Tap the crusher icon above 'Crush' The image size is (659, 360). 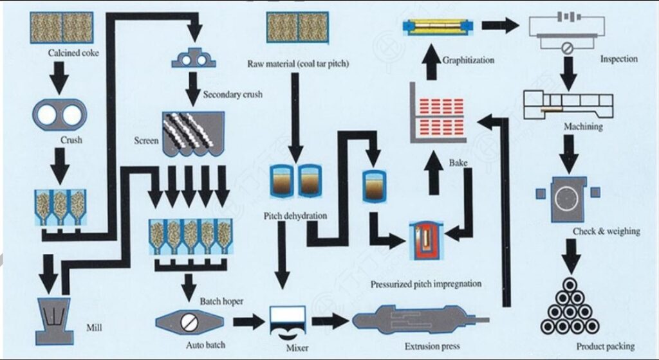[x=59, y=114]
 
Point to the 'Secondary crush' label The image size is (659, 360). [x=232, y=94]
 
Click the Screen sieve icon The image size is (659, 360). [x=192, y=133]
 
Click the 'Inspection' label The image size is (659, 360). [x=618, y=59]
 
